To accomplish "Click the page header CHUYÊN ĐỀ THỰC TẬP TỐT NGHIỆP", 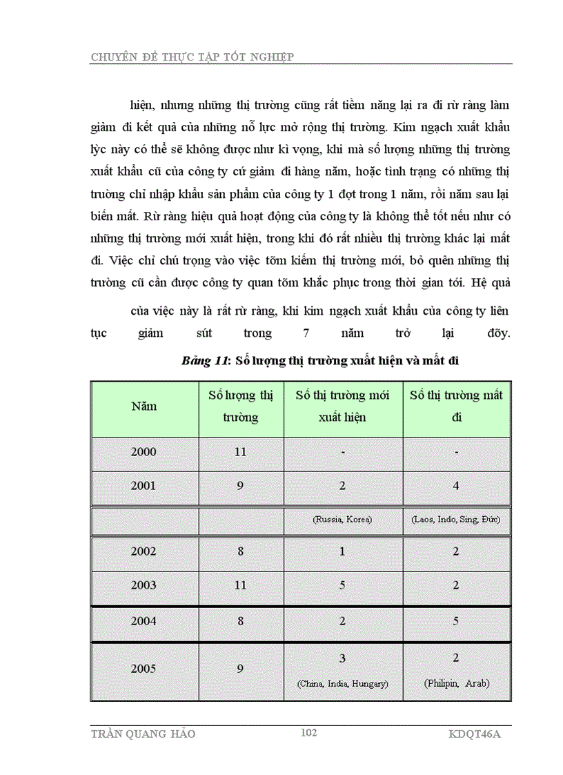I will (x=192, y=57).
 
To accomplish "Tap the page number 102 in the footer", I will (x=308, y=733).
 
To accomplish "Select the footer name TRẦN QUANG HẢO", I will (x=143, y=734).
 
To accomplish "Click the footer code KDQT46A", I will (x=479, y=734).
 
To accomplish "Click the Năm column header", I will (x=144, y=406).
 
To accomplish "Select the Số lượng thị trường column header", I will (x=241, y=406).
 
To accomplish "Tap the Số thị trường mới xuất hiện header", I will (x=342, y=406).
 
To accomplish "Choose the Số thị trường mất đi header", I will (x=456, y=406).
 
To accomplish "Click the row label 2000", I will (x=144, y=453).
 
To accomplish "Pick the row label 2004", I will (x=144, y=621).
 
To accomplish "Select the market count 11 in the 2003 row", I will (x=240, y=585).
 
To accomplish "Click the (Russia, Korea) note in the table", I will (x=342, y=518).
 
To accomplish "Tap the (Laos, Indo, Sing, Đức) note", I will (x=455, y=518).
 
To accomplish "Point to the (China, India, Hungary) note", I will (x=342, y=684).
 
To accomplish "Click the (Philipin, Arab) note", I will (x=456, y=684).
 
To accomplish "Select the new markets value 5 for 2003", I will (x=342, y=585).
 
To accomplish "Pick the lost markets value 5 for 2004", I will (x=456, y=621).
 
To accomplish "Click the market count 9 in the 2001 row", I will (x=240, y=486).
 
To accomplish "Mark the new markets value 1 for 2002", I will (x=342, y=552).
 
